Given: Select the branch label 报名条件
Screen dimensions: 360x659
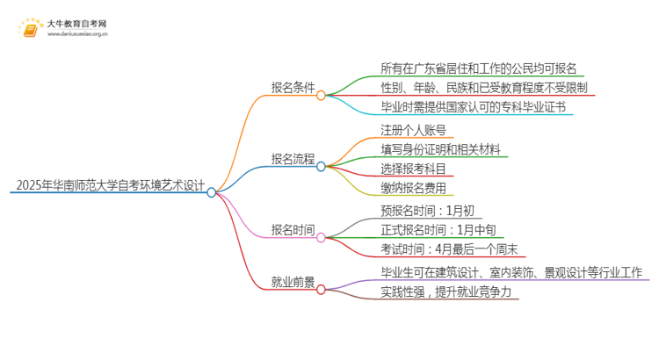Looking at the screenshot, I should [x=293, y=88].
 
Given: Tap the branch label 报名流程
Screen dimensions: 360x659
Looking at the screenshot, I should [x=293, y=159].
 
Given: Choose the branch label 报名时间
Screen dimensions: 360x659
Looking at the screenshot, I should [x=293, y=230].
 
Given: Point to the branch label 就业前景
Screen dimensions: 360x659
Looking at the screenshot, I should [x=293, y=283].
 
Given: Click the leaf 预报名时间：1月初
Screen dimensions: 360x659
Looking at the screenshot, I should [x=428, y=211].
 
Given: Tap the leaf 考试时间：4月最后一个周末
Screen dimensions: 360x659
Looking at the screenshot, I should [x=449, y=249].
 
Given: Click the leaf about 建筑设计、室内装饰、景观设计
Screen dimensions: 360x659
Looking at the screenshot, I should [x=512, y=273].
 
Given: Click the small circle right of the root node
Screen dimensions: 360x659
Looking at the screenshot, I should [x=212, y=192].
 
